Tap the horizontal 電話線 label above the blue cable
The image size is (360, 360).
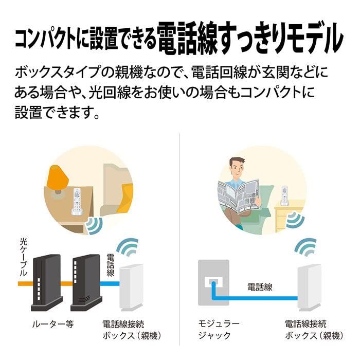(260, 286)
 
